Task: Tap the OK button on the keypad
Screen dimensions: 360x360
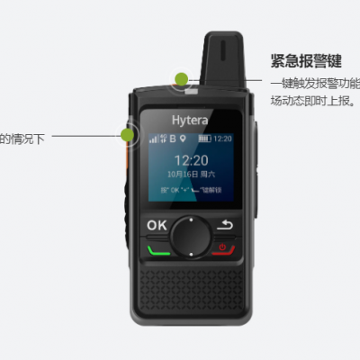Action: (157, 225)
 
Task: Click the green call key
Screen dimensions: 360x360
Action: (157, 248)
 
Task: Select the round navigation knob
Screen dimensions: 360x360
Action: (190, 235)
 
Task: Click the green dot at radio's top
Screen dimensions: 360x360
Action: (182, 79)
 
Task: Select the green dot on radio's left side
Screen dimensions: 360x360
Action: (128, 135)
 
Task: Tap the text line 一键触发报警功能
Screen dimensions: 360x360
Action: (315, 84)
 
